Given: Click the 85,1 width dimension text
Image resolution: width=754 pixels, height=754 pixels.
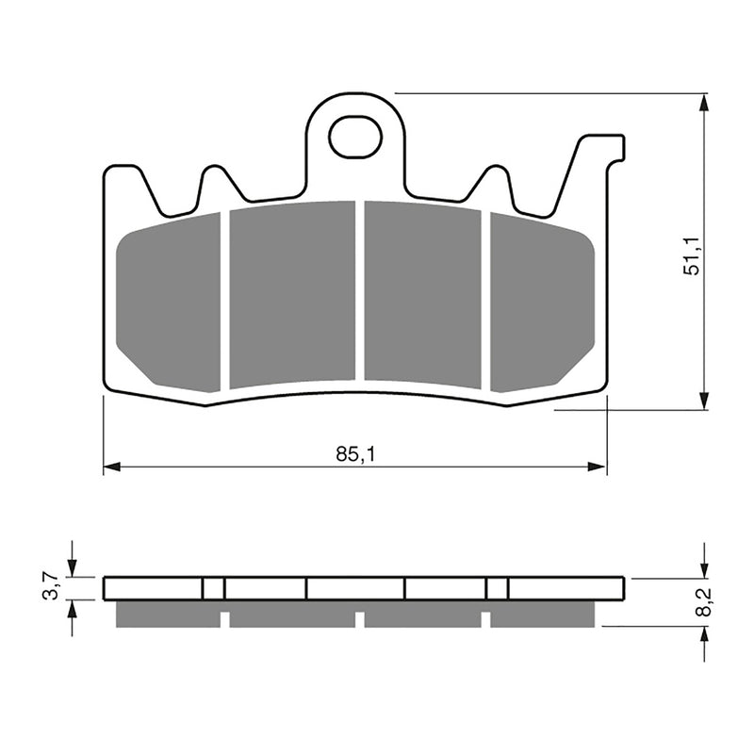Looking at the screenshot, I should coord(354,453).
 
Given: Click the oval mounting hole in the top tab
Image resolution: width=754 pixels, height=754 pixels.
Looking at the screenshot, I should coord(355,138).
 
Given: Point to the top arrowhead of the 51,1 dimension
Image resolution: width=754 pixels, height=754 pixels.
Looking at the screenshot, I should coord(704,103).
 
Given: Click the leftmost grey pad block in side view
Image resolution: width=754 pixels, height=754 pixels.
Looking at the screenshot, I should coord(167,614).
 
